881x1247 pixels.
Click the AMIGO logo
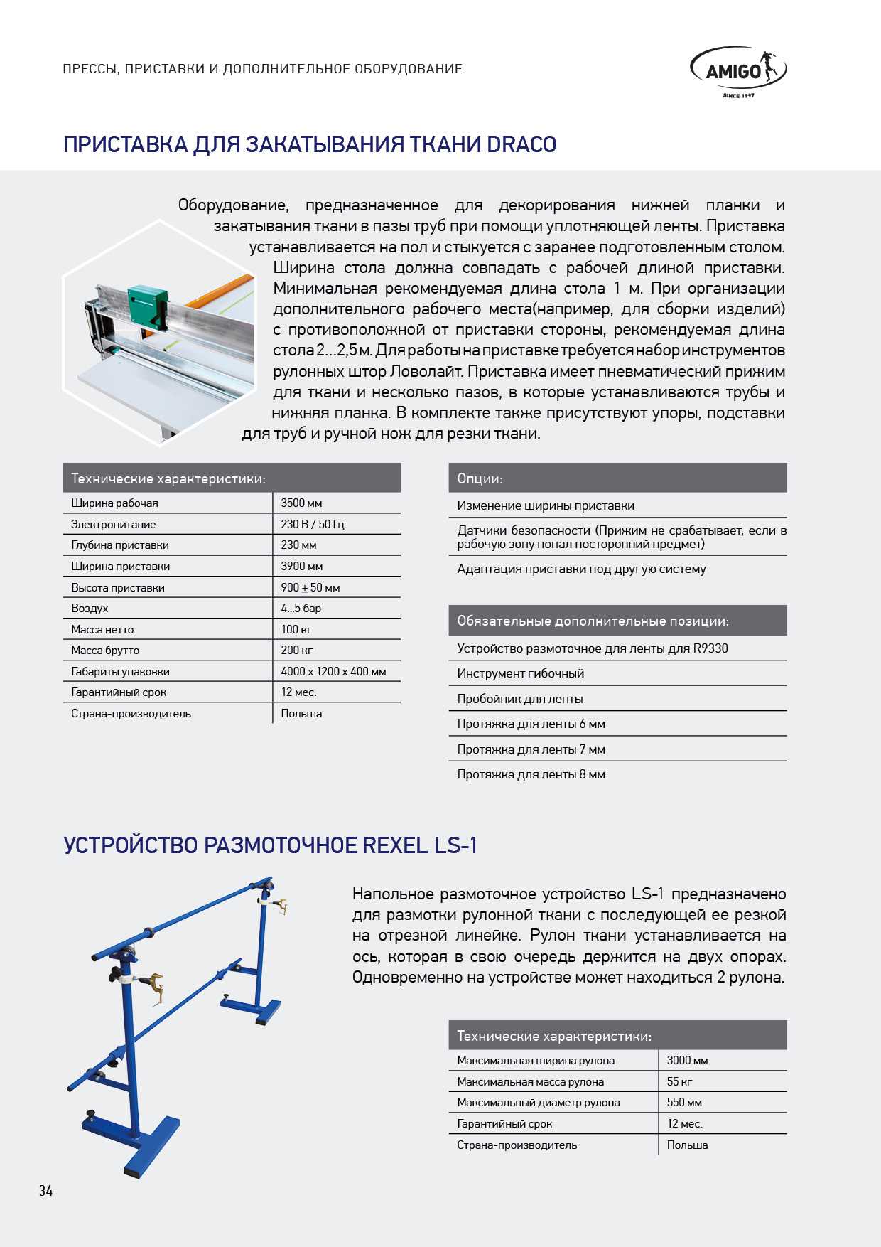(737, 71)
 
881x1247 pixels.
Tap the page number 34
(46, 1191)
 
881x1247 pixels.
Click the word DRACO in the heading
(521, 144)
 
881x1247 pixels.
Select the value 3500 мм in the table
(301, 503)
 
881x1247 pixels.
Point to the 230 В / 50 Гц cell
(312, 524)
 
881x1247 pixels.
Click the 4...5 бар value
(301, 609)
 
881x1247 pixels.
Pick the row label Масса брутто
(105, 651)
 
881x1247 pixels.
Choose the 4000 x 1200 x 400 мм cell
(333, 671)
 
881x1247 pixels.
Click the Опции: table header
(480, 478)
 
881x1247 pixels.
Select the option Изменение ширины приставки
(546, 506)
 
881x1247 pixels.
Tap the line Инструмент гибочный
(520, 673)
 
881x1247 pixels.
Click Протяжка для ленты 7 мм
(531, 749)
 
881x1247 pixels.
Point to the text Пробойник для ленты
(520, 699)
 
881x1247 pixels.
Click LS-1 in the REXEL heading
(455, 845)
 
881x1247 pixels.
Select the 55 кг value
(679, 1082)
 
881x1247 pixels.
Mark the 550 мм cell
(684, 1103)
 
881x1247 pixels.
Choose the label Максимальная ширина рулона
(536, 1061)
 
